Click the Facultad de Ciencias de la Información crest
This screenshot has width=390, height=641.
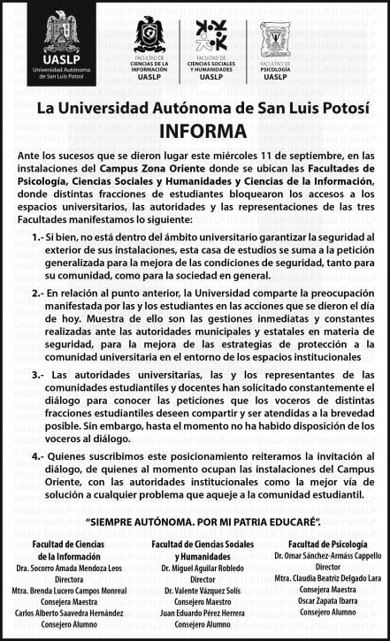(x=149, y=35)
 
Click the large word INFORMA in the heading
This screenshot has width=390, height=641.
(x=202, y=131)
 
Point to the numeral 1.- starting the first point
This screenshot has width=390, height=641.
(x=35, y=239)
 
